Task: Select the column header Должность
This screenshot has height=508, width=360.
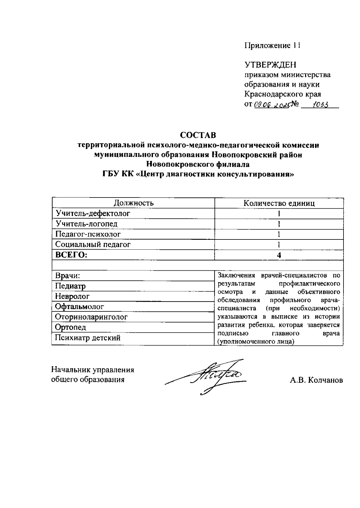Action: (134, 203)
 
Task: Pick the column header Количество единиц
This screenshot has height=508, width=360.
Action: (279, 203)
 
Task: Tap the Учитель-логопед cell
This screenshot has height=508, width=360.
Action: (87, 224)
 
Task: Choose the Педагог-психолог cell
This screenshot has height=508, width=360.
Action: (88, 234)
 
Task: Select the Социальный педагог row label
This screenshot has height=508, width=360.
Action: (93, 244)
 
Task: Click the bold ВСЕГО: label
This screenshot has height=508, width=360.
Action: (71, 255)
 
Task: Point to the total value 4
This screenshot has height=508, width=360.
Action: (279, 255)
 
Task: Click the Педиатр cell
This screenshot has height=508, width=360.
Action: (70, 286)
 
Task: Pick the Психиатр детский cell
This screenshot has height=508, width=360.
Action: (88, 338)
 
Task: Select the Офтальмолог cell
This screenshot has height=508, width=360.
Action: (79, 307)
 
